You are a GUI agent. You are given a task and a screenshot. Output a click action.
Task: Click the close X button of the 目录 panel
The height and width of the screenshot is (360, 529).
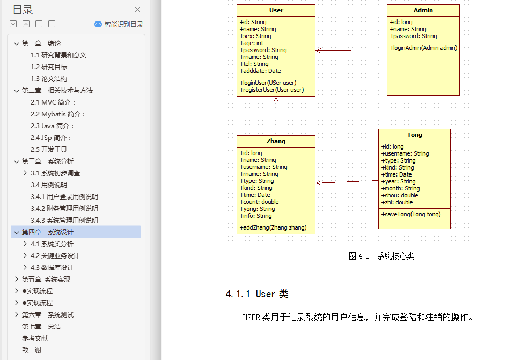pos(138,10)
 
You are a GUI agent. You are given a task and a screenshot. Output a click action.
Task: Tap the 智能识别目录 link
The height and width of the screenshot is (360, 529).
pos(123,24)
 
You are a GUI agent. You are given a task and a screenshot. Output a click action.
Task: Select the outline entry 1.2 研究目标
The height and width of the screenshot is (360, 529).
pos(49,67)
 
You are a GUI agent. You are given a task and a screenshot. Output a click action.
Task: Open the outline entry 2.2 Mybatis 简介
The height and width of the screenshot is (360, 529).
pos(58,114)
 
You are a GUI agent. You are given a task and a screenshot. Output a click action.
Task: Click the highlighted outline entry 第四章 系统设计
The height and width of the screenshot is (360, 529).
pos(47,232)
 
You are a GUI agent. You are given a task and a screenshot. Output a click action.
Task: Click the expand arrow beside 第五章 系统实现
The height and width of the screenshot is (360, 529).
pos(17,280)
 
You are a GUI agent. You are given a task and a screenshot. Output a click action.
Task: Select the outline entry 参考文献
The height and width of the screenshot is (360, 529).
pos(35,339)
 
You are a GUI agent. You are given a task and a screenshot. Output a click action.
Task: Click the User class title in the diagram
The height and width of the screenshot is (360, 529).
pos(276,10)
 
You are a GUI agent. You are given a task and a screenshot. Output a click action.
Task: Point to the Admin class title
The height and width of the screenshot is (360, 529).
pos(423,10)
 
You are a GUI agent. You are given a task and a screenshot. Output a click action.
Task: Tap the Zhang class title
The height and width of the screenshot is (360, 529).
pos(276,141)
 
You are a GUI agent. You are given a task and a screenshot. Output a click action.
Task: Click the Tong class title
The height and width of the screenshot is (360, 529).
pos(414,135)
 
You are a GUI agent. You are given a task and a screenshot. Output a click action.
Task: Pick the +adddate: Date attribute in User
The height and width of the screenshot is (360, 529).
pos(260,71)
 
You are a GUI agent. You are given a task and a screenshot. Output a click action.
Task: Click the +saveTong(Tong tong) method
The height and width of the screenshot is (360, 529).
pos(411,214)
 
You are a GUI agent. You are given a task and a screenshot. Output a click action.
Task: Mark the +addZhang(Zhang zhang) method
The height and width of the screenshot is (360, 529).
pos(273,227)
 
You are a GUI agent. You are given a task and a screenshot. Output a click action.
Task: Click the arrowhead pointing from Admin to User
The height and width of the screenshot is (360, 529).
pos(319,50)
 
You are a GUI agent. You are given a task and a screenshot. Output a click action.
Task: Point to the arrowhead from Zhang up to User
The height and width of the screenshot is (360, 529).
pos(276,100)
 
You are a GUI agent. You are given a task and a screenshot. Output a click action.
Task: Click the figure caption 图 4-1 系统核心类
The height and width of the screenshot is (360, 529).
pos(381,256)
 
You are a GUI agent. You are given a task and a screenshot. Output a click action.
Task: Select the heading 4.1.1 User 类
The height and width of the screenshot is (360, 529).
pos(257,294)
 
